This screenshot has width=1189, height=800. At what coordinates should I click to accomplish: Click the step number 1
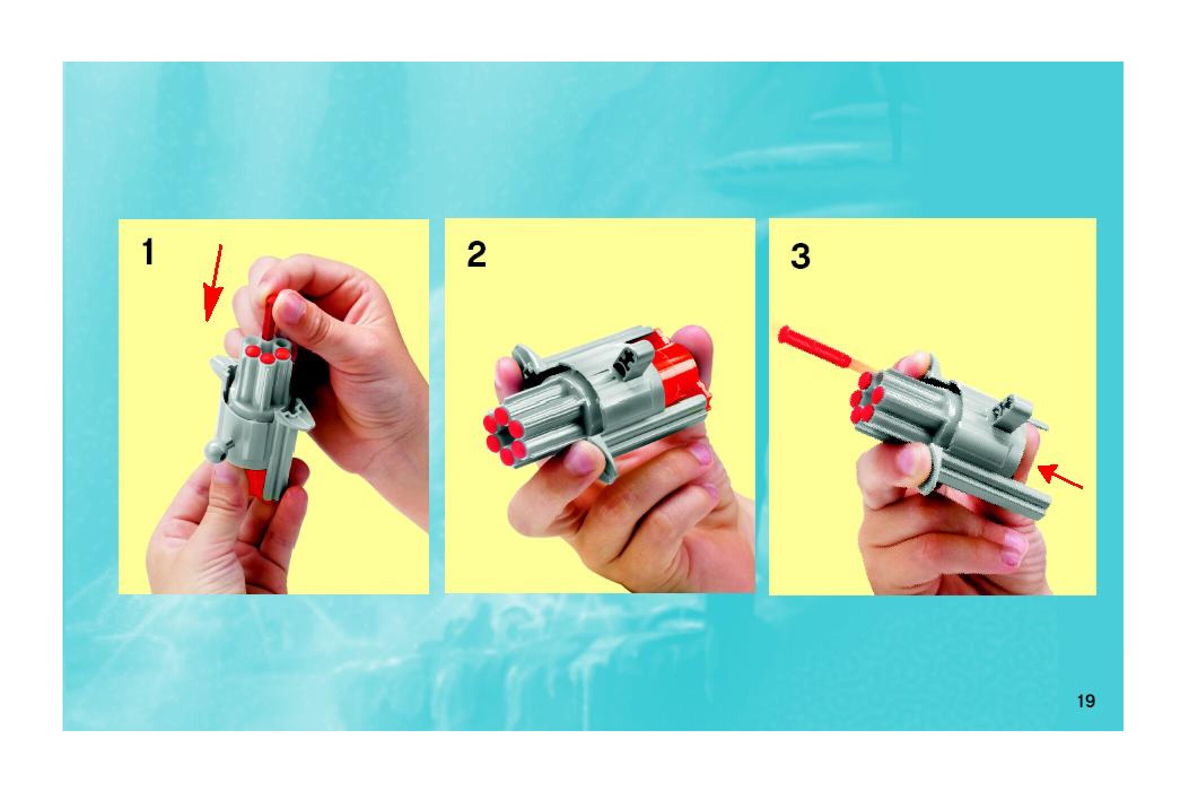148,253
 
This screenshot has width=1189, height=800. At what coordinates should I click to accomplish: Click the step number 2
476,255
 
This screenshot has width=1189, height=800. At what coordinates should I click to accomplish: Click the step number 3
800,256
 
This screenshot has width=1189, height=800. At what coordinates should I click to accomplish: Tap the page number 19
1086,701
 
